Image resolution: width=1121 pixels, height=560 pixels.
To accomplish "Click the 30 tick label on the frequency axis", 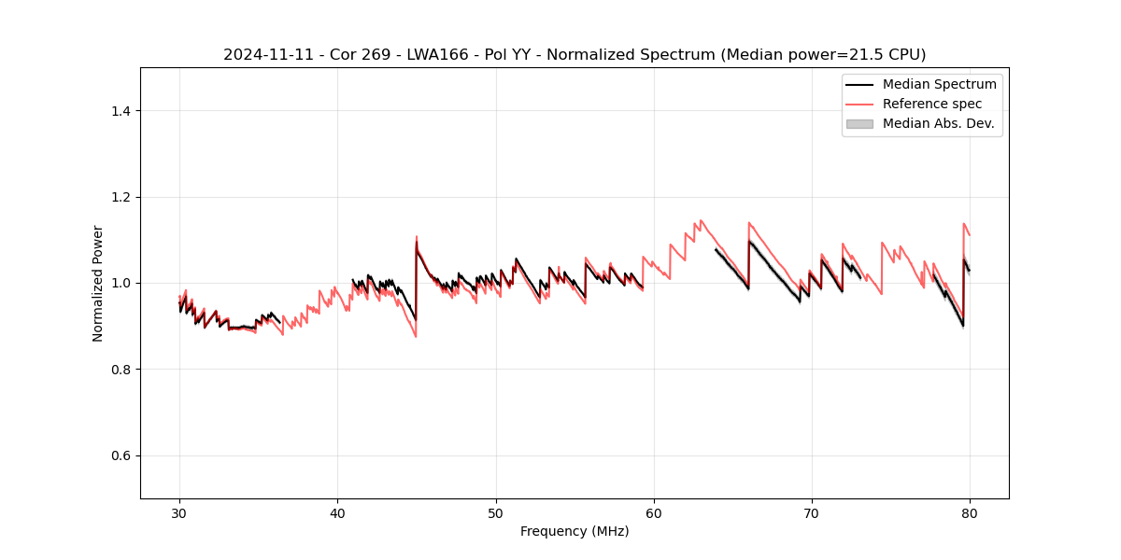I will (179, 513).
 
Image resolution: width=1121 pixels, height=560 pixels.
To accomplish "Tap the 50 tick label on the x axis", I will (496, 513).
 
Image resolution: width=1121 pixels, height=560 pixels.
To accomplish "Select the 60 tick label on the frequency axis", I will (654, 513).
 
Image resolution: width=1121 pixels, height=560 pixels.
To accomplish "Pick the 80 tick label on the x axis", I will (970, 513).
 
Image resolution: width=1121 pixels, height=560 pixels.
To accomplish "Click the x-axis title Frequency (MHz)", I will (575, 531).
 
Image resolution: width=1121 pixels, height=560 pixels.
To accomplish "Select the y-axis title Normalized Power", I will (98, 284).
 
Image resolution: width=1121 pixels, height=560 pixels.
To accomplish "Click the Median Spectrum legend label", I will (939, 84).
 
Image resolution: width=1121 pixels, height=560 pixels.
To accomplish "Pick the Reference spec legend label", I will (932, 104).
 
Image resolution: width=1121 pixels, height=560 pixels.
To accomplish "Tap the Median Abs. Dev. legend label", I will (939, 123).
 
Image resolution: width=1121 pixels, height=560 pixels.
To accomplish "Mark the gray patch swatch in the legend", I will (859, 123).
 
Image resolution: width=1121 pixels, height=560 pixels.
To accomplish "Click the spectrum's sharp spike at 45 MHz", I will (417, 241).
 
